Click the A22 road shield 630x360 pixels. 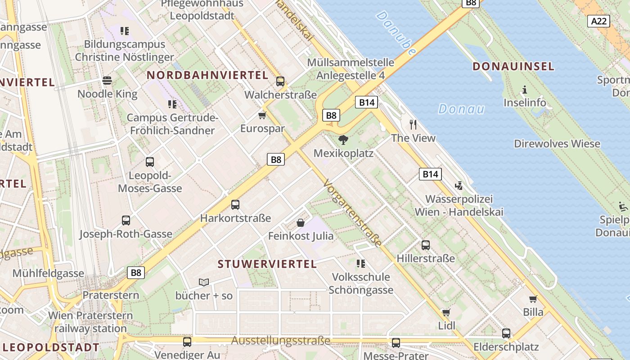[x=598, y=21]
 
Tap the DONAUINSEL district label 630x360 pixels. [x=513, y=67]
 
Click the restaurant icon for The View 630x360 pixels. [x=413, y=124]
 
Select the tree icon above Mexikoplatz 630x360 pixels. [x=343, y=139]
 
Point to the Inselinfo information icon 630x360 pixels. [x=524, y=90]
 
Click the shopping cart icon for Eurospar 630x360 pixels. [x=262, y=115]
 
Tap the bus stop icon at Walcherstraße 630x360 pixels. [x=280, y=81]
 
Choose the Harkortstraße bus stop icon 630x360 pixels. [x=235, y=205]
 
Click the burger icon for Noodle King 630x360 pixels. [x=107, y=81]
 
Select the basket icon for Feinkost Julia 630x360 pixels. [x=301, y=222]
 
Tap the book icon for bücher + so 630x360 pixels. [x=204, y=282]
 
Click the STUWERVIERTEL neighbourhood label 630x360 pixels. [x=267, y=264]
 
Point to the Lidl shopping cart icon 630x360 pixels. [x=446, y=312]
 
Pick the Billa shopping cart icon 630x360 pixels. [x=533, y=299]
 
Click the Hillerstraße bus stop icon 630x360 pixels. [x=425, y=245]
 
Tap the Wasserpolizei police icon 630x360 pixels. [x=459, y=185]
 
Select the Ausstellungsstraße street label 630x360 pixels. [x=281, y=341]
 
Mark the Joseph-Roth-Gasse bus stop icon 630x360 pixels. [x=126, y=220]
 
